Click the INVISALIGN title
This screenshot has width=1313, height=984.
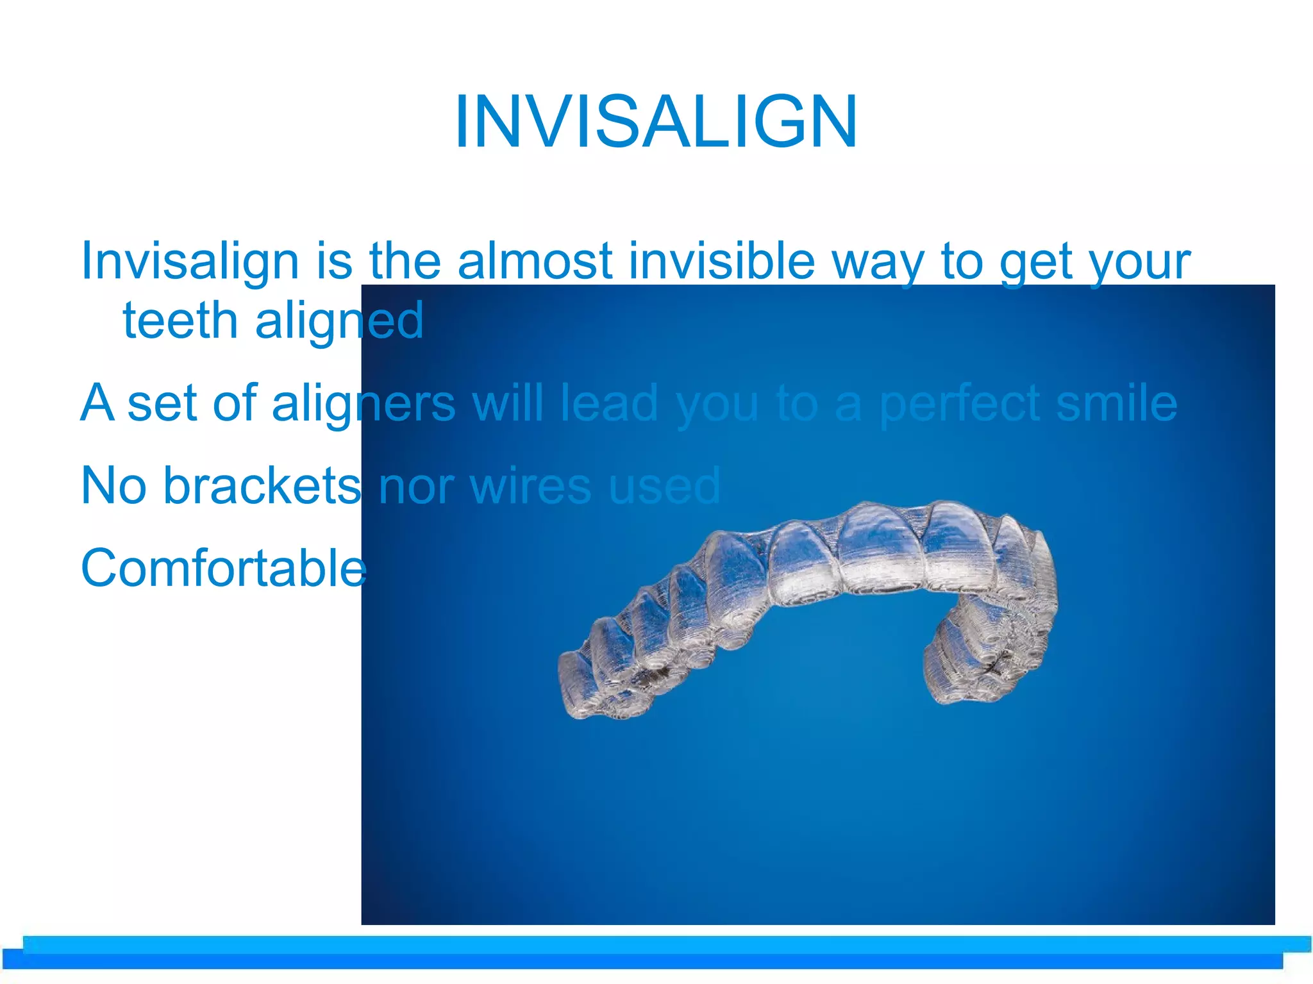click(x=655, y=122)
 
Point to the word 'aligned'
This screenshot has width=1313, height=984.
click(x=339, y=321)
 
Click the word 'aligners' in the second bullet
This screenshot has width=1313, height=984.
click(x=364, y=404)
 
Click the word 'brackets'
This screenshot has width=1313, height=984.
click(x=262, y=486)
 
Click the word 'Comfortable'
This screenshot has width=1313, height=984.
click(x=223, y=568)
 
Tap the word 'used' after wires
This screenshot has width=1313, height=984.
click(x=664, y=486)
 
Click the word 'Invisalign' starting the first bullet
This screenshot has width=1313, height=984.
click(x=190, y=263)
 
